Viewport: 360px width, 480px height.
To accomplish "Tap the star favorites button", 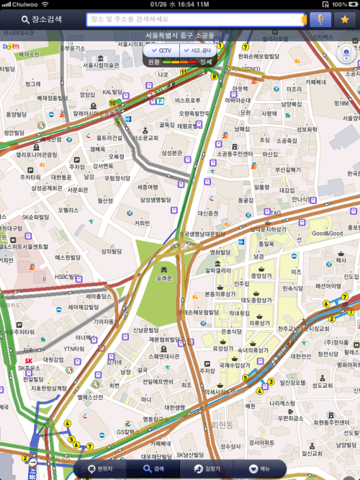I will tap(344, 19).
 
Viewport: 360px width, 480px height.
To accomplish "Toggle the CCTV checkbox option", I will tap(161, 50).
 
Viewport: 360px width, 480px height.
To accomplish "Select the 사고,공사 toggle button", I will tap(197, 50).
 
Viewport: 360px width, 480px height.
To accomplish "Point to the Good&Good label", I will tap(327, 234).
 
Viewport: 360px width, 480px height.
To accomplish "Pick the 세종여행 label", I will tap(148, 187).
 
